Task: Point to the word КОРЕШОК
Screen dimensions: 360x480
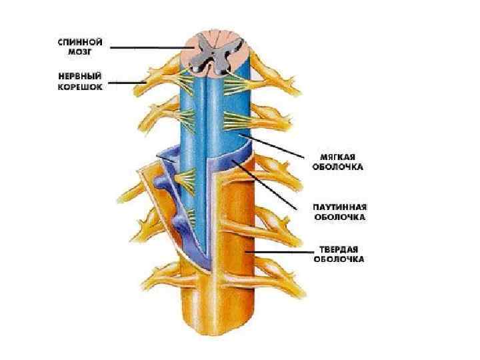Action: coord(79,87)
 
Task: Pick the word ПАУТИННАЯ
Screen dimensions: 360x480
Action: coord(339,207)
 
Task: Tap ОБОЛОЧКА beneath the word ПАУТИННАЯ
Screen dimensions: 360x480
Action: coord(339,217)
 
